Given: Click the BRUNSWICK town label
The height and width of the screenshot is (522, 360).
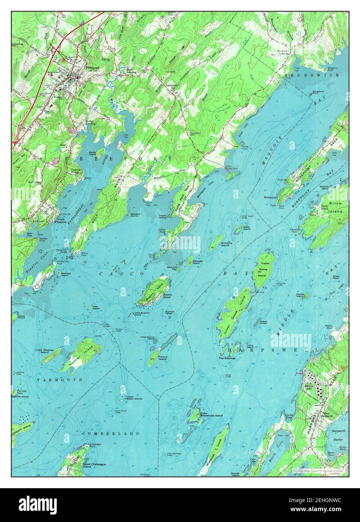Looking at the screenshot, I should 312,75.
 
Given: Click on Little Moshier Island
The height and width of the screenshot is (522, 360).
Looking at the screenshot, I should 51,356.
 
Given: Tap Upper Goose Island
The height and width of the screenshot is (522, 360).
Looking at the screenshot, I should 266,268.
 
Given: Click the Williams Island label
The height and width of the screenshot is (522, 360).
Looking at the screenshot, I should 226,244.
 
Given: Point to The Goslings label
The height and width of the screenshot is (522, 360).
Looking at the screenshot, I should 227,358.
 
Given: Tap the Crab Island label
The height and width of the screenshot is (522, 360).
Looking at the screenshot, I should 96,308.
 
